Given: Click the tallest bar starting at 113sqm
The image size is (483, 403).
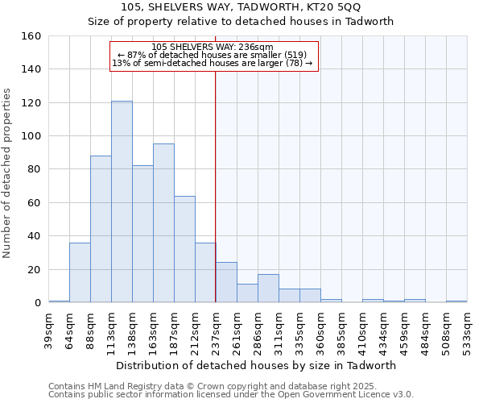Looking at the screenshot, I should coord(122,201).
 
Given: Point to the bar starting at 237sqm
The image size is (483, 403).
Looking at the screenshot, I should coord(226,282).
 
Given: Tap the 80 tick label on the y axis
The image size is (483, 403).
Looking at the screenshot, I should coord(35,169).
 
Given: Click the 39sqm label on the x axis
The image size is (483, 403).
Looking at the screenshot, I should coord(49,329).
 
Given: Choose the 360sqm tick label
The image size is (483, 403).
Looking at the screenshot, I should coord(321,329).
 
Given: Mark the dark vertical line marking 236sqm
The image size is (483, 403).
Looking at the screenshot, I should coord(215,185).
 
